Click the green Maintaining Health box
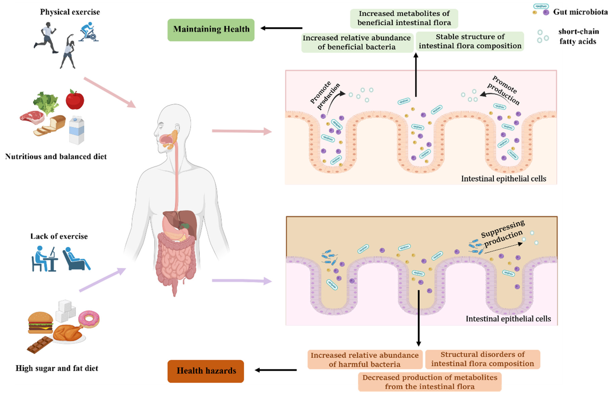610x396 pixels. tap(211, 30)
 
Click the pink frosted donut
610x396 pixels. tap(89, 319)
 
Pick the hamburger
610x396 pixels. tap(40, 323)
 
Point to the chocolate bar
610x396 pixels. tap(40, 344)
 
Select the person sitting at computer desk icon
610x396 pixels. tap(44, 259)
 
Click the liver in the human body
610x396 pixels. tap(179, 220)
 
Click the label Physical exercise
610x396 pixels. tap(70, 12)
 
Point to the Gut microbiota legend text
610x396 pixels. tap(580, 12)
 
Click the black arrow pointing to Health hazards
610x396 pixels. tap(276, 370)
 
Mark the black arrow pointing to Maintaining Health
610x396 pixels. tap(281, 28)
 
